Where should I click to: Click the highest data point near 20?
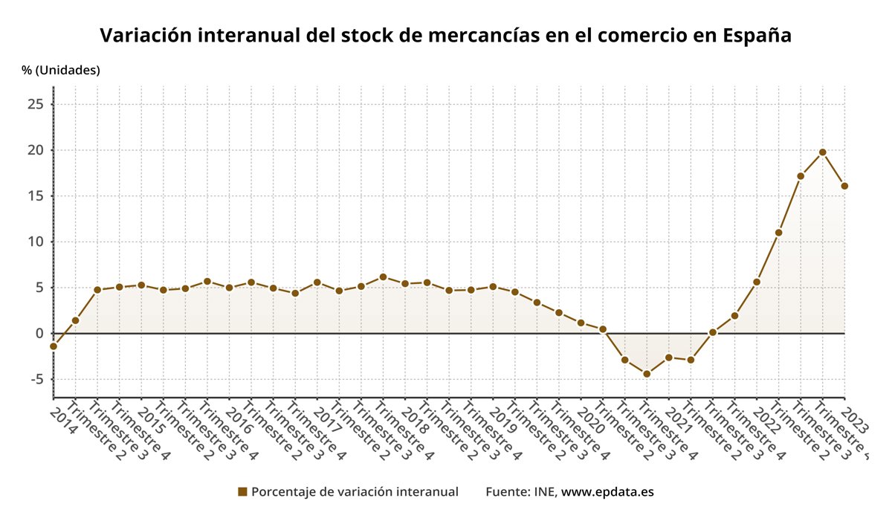tap(822, 152)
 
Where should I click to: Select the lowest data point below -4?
tap(647, 374)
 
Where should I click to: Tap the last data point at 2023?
tap(844, 186)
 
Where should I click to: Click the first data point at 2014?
tap(54, 346)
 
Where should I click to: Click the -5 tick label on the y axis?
tap(36, 379)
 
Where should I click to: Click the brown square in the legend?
tap(242, 492)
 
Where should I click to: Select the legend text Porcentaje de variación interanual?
tap(355, 492)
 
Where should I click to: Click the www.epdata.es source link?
tap(607, 492)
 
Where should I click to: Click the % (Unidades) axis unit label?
tap(61, 71)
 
